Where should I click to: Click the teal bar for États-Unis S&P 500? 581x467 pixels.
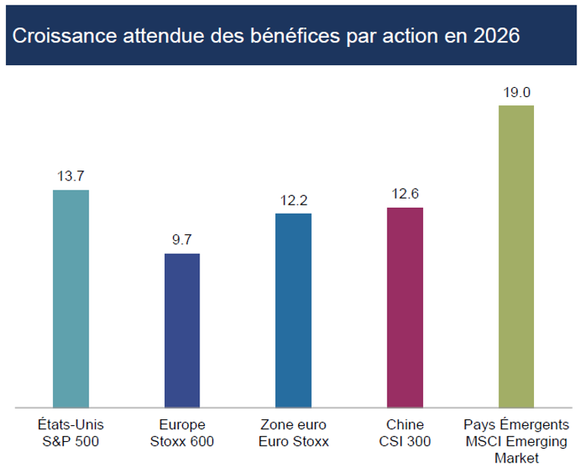pyautogui.click(x=71, y=299)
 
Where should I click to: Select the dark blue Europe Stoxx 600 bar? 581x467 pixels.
pyautogui.click(x=182, y=331)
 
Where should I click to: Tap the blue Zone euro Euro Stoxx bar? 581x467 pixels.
pyautogui.click(x=293, y=311)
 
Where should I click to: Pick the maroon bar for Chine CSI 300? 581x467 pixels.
pyautogui.click(x=405, y=308)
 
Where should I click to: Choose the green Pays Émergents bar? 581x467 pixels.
pyautogui.click(x=516, y=257)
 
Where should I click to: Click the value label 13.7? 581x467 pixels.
pyautogui.click(x=70, y=176)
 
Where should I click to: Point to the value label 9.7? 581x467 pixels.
pyautogui.click(x=182, y=240)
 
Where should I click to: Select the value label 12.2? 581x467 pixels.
pyautogui.click(x=293, y=200)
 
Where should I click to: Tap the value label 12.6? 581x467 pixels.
pyautogui.click(x=405, y=194)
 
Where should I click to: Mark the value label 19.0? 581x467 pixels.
pyautogui.click(x=516, y=92)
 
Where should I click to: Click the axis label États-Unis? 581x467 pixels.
pyautogui.click(x=70, y=425)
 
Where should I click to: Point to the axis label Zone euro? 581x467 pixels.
pyautogui.click(x=293, y=425)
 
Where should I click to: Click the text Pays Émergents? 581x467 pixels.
pyautogui.click(x=516, y=425)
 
